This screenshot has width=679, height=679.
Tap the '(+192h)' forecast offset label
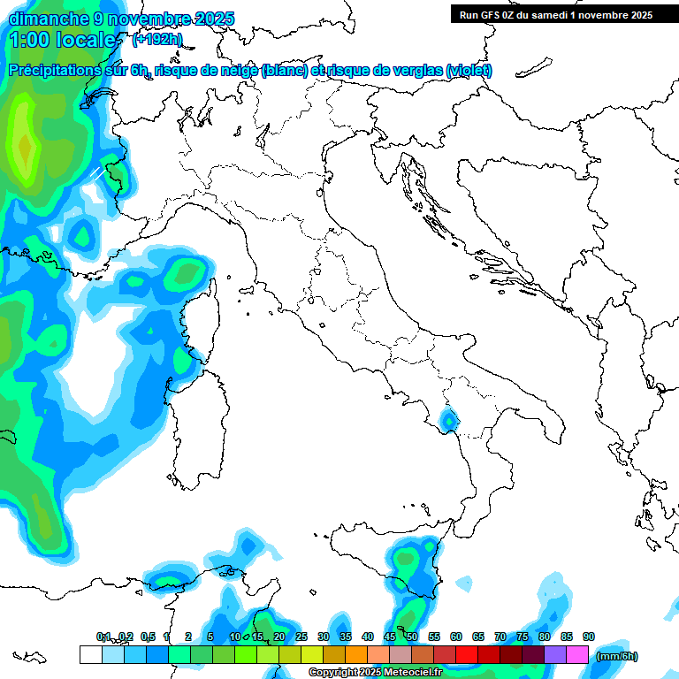(x=157, y=39)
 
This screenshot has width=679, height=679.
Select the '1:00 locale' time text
(x=62, y=40)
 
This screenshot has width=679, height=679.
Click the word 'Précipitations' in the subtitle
(x=58, y=71)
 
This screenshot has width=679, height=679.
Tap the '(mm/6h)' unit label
(x=616, y=656)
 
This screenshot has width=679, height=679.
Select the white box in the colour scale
(x=90, y=654)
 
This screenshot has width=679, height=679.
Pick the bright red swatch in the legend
(x=467, y=654)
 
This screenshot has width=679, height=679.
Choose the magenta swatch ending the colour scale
(x=577, y=654)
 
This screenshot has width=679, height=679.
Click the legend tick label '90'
(x=589, y=637)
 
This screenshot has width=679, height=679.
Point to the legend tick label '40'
(x=367, y=637)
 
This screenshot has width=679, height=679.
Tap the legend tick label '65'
(x=478, y=637)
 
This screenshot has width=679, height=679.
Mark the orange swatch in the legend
(x=356, y=654)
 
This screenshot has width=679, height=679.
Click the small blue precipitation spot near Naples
(x=449, y=421)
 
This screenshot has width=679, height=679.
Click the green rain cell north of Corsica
(x=186, y=273)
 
